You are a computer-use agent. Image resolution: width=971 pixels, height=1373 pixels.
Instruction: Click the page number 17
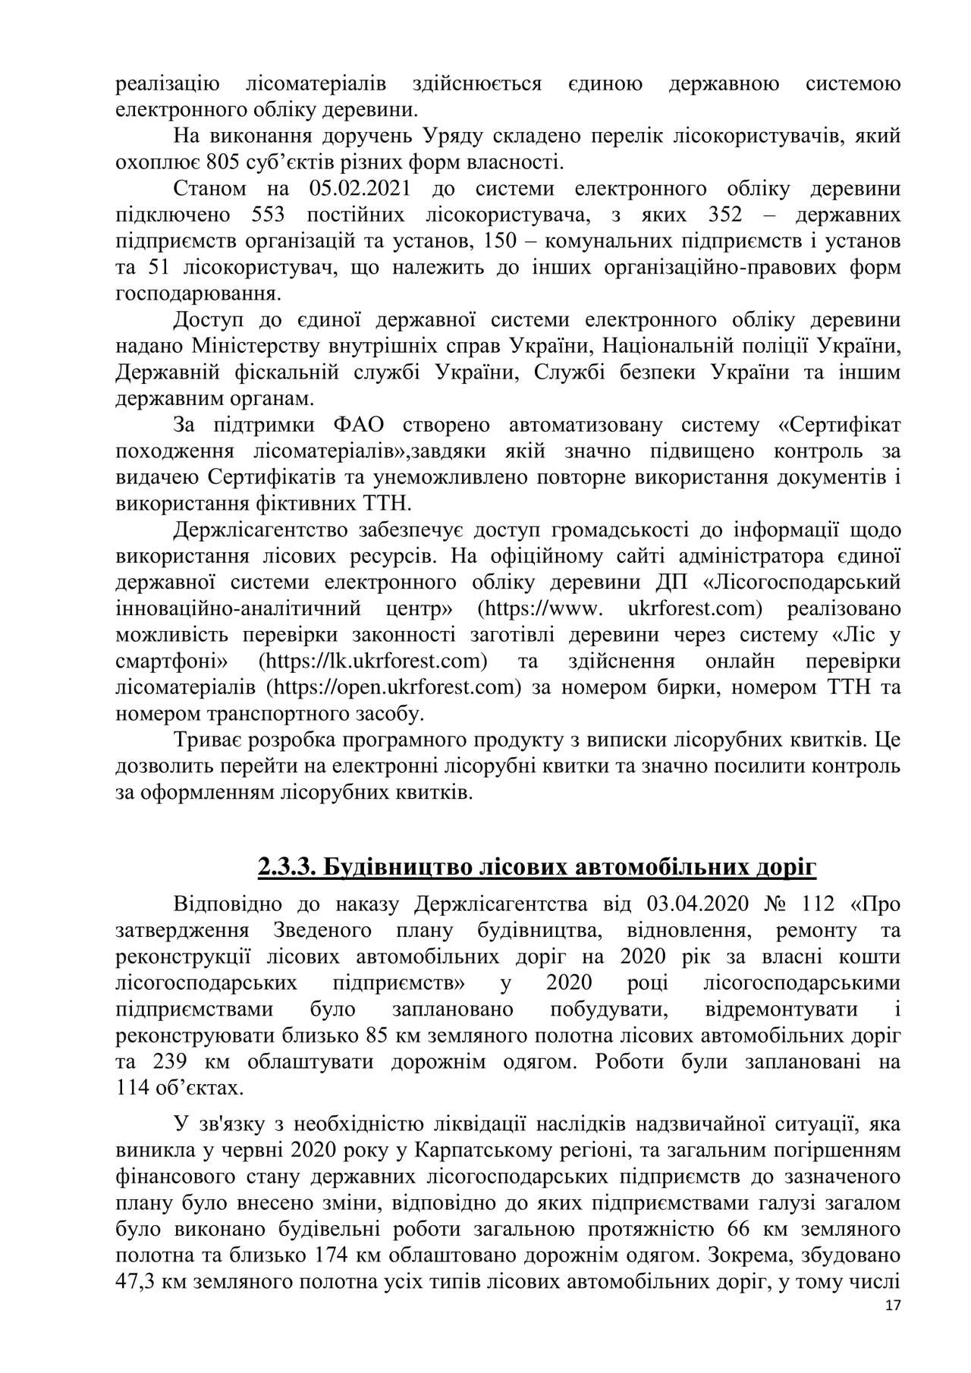893,1327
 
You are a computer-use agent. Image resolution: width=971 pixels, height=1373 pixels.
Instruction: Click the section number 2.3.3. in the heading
286,867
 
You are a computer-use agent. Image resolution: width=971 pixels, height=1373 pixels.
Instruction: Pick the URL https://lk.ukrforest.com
372,661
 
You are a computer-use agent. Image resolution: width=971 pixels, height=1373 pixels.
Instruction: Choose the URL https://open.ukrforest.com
394,687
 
